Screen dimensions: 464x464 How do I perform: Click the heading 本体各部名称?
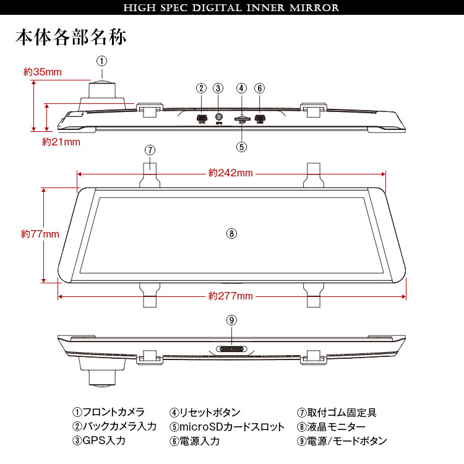pyautogui.click(x=71, y=37)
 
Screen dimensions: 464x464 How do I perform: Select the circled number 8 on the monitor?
pyautogui.click(x=231, y=233)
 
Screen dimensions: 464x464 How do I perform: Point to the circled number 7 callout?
pyautogui.click(x=150, y=150)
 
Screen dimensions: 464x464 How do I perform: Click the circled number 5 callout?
pyautogui.click(x=241, y=147)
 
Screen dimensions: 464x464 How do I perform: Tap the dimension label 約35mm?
pyautogui.click(x=43, y=72)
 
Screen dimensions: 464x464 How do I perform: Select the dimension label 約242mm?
pyautogui.click(x=231, y=173)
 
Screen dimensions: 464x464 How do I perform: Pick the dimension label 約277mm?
pyautogui.click(x=231, y=296)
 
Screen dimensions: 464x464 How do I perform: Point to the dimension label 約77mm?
pyautogui.click(x=40, y=234)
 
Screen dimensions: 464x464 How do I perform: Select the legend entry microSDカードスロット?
pyautogui.click(x=228, y=427)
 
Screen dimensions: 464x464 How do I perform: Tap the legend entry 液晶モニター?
pyautogui.click(x=332, y=427)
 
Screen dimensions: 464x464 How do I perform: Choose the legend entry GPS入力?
pyautogui.click(x=99, y=441)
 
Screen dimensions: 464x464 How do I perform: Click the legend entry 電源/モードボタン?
pyautogui.click(x=342, y=441)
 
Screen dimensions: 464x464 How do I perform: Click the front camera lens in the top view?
pyautogui.click(x=102, y=85)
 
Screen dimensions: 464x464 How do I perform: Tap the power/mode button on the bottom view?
pyautogui.click(x=231, y=349)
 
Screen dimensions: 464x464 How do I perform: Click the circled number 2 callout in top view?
pyautogui.click(x=201, y=88)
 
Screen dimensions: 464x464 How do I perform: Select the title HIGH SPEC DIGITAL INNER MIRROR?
pyautogui.click(x=231, y=8)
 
